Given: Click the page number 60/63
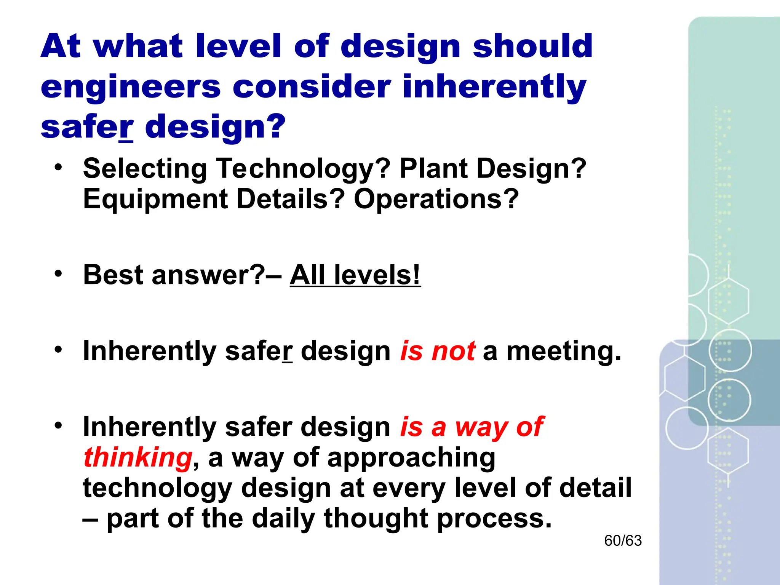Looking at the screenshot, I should (623, 541).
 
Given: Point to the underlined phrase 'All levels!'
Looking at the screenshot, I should (355, 275).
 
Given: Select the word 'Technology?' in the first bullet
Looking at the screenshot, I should (303, 169).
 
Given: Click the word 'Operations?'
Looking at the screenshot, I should (436, 199).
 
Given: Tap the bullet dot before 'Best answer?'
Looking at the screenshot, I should (58, 273).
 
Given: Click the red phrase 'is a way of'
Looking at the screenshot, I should (472, 427).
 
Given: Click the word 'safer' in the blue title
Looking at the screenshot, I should (87, 128).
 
